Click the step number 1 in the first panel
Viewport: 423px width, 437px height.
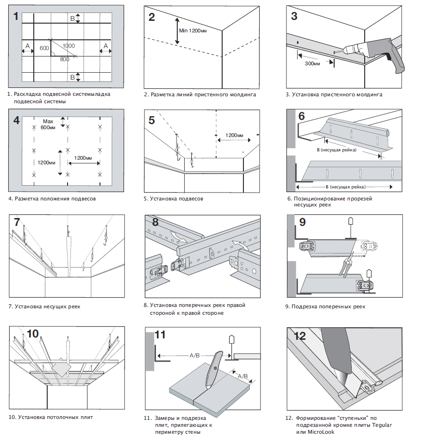coord(16,17)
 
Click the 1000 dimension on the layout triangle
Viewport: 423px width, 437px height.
coord(69,46)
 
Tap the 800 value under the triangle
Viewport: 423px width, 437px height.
coord(64,59)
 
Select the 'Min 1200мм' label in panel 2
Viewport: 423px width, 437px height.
coord(193,31)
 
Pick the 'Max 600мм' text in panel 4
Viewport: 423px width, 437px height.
coord(48,124)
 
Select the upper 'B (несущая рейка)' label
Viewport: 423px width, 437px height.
coord(336,150)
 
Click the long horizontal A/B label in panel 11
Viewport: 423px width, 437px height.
coord(195,356)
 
